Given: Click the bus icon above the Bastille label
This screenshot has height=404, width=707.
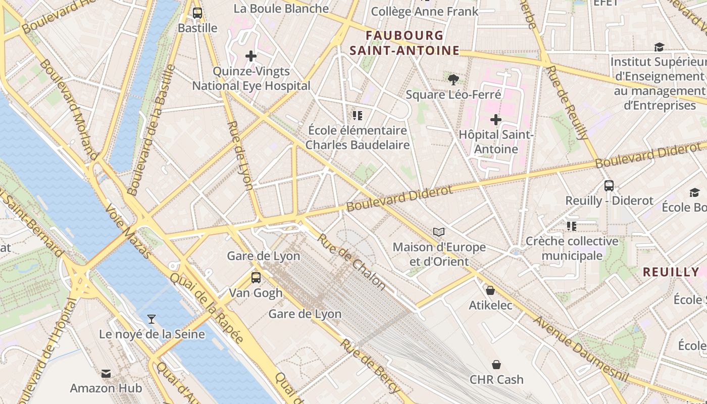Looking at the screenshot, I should pos(197,13).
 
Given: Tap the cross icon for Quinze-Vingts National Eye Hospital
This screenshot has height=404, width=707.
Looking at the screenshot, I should pos(251,56).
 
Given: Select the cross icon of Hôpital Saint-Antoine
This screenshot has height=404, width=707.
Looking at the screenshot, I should pos(496,120).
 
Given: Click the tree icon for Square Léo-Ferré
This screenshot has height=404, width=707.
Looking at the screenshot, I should pos(453,79).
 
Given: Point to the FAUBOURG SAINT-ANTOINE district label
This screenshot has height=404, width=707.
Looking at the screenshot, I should pos(405,43).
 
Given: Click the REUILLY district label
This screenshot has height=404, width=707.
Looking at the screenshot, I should pos(671,272).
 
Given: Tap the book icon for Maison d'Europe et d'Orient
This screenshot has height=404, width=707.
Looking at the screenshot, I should pos(439,232).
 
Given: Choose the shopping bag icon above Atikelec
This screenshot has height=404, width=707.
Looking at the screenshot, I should pos(490,290).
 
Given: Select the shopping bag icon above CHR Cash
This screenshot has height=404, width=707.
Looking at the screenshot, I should pos(496,365).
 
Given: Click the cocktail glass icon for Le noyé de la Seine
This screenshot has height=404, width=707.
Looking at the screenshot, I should pos(151,319).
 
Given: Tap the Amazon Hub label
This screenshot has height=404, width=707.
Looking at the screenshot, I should pos(106,388).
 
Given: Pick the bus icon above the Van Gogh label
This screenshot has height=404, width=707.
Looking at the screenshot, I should pos(256,277).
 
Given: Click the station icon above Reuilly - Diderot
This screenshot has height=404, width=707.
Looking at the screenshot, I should pos(609,185).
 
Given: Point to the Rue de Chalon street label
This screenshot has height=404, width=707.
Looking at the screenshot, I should pos(351,262).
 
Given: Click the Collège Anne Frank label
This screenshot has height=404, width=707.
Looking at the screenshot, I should pos(425,11).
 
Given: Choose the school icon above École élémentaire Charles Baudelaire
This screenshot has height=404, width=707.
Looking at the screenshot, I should pos(358,116).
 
